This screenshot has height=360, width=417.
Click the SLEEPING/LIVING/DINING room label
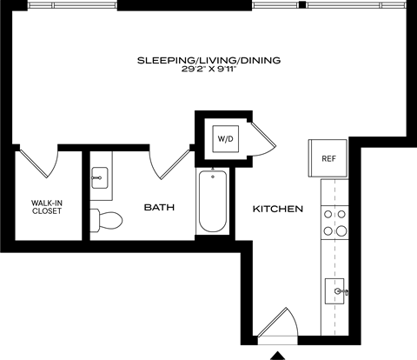coord(208,60)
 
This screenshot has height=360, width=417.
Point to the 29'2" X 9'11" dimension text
coord(208,70)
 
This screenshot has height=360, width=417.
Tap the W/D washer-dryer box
coord(224,137)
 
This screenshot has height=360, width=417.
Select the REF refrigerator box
coord(328,158)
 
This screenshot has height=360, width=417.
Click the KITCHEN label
coord(277,210)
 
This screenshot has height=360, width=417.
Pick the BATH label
coord(159,208)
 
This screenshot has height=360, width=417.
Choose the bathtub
coord(212,202)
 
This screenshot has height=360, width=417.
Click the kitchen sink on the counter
coord(334,290)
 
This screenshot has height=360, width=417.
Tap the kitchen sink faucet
coord(344,290)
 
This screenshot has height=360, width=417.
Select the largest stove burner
coord(328,231)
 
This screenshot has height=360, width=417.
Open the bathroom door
coord(170,163)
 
